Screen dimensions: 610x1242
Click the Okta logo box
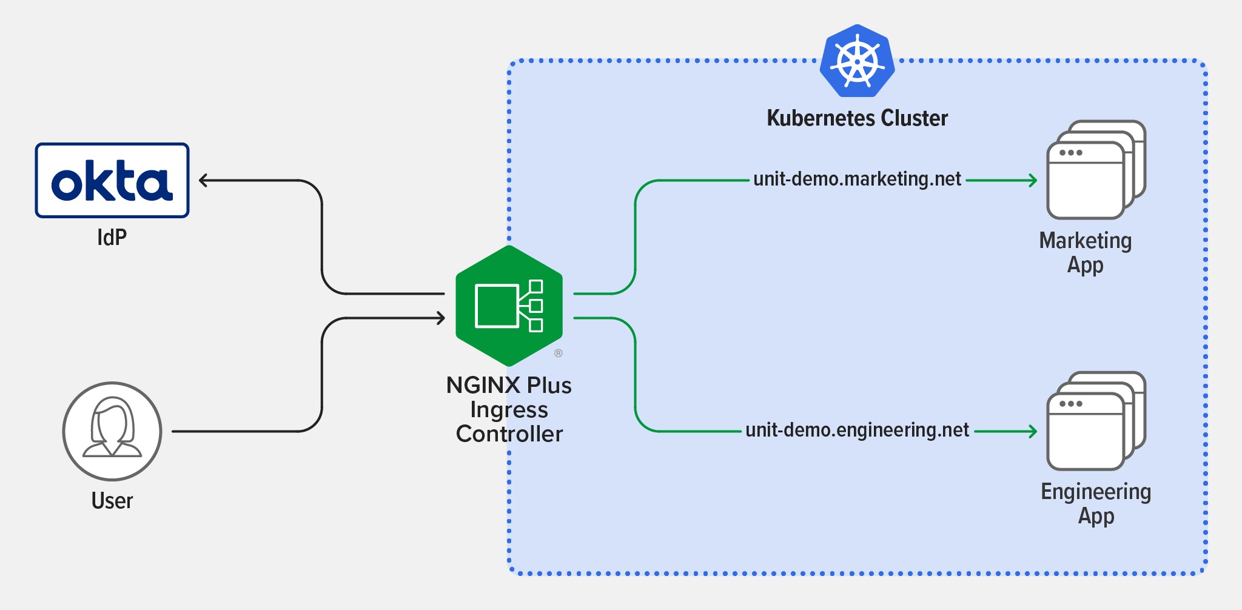112,181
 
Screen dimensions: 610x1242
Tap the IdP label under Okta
112,237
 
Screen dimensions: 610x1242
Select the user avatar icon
112,431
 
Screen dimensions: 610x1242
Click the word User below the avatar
112,501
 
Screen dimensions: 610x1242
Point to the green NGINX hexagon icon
509,306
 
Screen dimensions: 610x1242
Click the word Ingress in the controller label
509,410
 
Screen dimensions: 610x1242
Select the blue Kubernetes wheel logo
857,61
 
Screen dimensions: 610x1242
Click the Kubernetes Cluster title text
857,118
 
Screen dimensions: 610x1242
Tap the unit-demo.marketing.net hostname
857,179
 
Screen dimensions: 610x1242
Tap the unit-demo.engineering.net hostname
857,431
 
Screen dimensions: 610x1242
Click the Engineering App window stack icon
1094,422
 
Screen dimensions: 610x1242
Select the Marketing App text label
1085,252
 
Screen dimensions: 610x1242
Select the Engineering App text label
1095,503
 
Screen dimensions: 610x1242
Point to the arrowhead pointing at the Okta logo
204,180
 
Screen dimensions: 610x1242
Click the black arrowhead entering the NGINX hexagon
441,318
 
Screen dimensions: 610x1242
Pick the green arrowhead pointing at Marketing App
1033,180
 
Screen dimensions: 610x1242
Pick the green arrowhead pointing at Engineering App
1033,431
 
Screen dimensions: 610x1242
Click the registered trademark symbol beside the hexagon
559,353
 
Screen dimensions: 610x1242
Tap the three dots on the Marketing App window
1070,153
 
